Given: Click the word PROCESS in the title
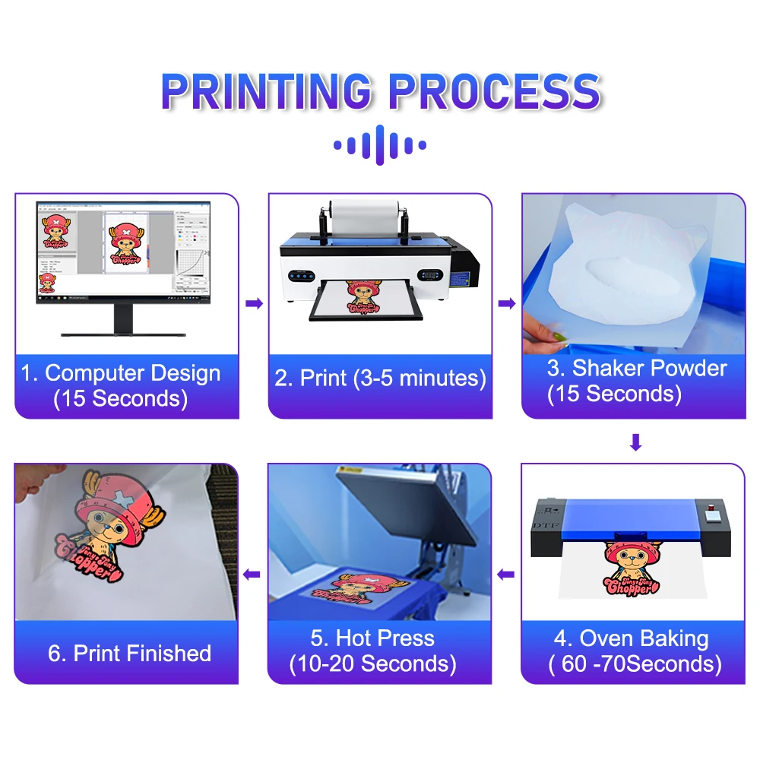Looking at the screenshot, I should tap(494, 91).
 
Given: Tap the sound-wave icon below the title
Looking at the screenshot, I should tap(379, 145).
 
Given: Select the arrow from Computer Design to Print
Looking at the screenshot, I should tap(254, 303).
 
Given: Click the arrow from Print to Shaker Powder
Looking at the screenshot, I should tap(506, 303).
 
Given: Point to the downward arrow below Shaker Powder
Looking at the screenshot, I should tap(635, 442).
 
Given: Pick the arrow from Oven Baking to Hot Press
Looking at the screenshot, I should tap(506, 575).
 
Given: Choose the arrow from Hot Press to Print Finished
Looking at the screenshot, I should tap(253, 575).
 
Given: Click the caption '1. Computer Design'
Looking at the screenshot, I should tap(121, 373).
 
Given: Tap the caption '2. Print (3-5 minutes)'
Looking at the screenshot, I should tap(380, 378).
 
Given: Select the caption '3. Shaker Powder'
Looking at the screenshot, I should tap(637, 369).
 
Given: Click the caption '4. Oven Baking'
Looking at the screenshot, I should tap(631, 638).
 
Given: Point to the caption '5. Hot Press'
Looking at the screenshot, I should tap(373, 638).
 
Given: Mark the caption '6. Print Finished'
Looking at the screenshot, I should tap(129, 653).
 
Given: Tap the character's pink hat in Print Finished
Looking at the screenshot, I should tap(114, 498).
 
